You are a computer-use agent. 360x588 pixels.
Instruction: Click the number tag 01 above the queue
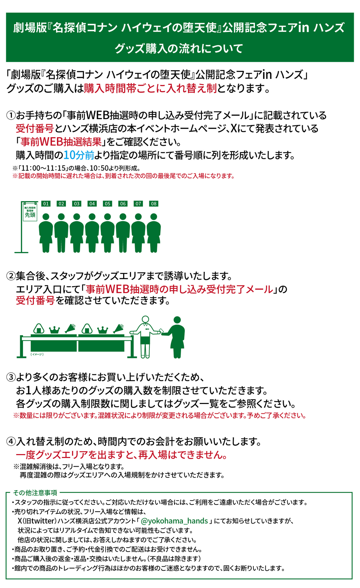[46, 204]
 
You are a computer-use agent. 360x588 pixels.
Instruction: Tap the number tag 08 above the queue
[154, 204]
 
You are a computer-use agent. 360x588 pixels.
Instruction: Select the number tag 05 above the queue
[108, 204]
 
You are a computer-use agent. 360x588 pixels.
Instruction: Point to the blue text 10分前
[79, 155]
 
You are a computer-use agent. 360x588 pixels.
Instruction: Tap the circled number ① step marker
[11, 115]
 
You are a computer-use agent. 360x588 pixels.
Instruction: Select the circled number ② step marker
[11, 276]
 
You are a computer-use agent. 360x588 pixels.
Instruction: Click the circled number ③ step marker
[11, 377]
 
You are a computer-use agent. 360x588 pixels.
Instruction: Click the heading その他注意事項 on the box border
[35, 493]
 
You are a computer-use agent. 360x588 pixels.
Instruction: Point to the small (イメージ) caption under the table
[37, 354]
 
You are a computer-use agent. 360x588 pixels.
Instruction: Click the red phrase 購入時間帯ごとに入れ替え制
[150, 89]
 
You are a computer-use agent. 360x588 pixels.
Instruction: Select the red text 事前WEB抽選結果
[61, 142]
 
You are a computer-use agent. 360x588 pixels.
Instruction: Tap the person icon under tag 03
[77, 233]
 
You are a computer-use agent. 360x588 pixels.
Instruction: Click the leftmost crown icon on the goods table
[54, 330]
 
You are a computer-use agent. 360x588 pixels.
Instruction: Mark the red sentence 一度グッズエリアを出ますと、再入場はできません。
[121, 455]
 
